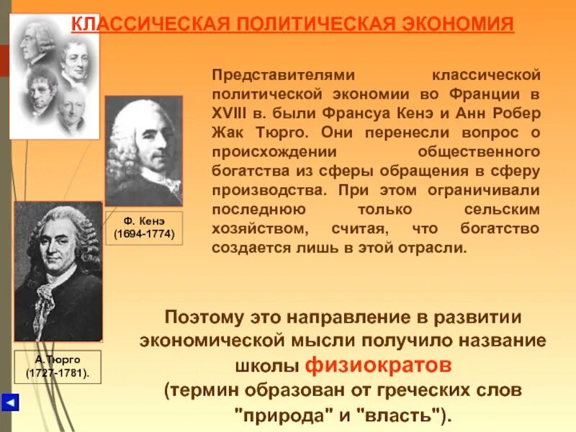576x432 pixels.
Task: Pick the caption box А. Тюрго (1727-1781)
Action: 58,366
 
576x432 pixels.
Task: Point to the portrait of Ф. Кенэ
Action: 143,150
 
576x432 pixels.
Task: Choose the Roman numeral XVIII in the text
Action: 230,114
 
